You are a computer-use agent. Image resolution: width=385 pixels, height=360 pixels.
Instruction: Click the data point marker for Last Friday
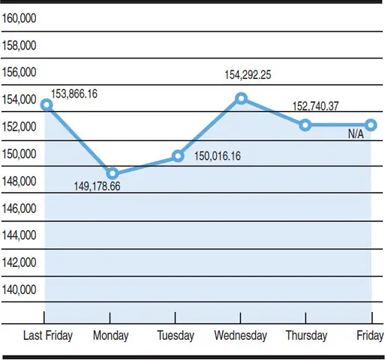(46, 105)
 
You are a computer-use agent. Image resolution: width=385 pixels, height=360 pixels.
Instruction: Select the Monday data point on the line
(113, 173)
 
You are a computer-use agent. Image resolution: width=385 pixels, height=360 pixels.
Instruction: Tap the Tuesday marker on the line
(178, 156)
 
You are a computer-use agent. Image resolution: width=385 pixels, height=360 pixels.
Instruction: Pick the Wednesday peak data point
(241, 98)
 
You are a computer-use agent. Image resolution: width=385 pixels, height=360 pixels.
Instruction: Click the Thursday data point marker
(305, 124)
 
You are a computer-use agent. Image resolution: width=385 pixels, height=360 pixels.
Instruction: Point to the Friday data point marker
(371, 124)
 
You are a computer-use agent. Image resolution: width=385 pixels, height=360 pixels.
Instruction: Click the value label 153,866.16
(79, 94)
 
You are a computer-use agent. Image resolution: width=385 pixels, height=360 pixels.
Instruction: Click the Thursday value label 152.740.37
(314, 106)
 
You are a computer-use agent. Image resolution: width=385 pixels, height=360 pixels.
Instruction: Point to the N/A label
(356, 134)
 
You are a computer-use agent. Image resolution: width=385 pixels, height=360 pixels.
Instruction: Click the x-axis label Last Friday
(48, 336)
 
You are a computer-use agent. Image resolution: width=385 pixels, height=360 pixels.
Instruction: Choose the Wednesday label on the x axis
(240, 336)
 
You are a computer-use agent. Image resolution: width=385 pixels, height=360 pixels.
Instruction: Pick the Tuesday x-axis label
(176, 336)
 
